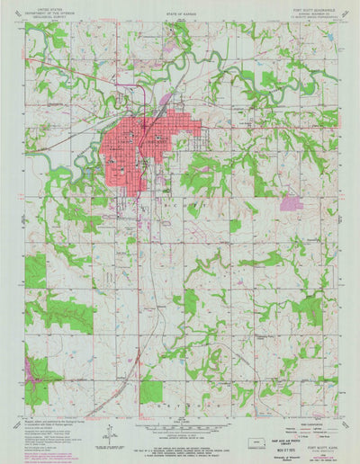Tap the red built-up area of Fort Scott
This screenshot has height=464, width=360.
click(135, 144)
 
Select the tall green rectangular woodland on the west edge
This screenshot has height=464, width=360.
click(35, 270)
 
